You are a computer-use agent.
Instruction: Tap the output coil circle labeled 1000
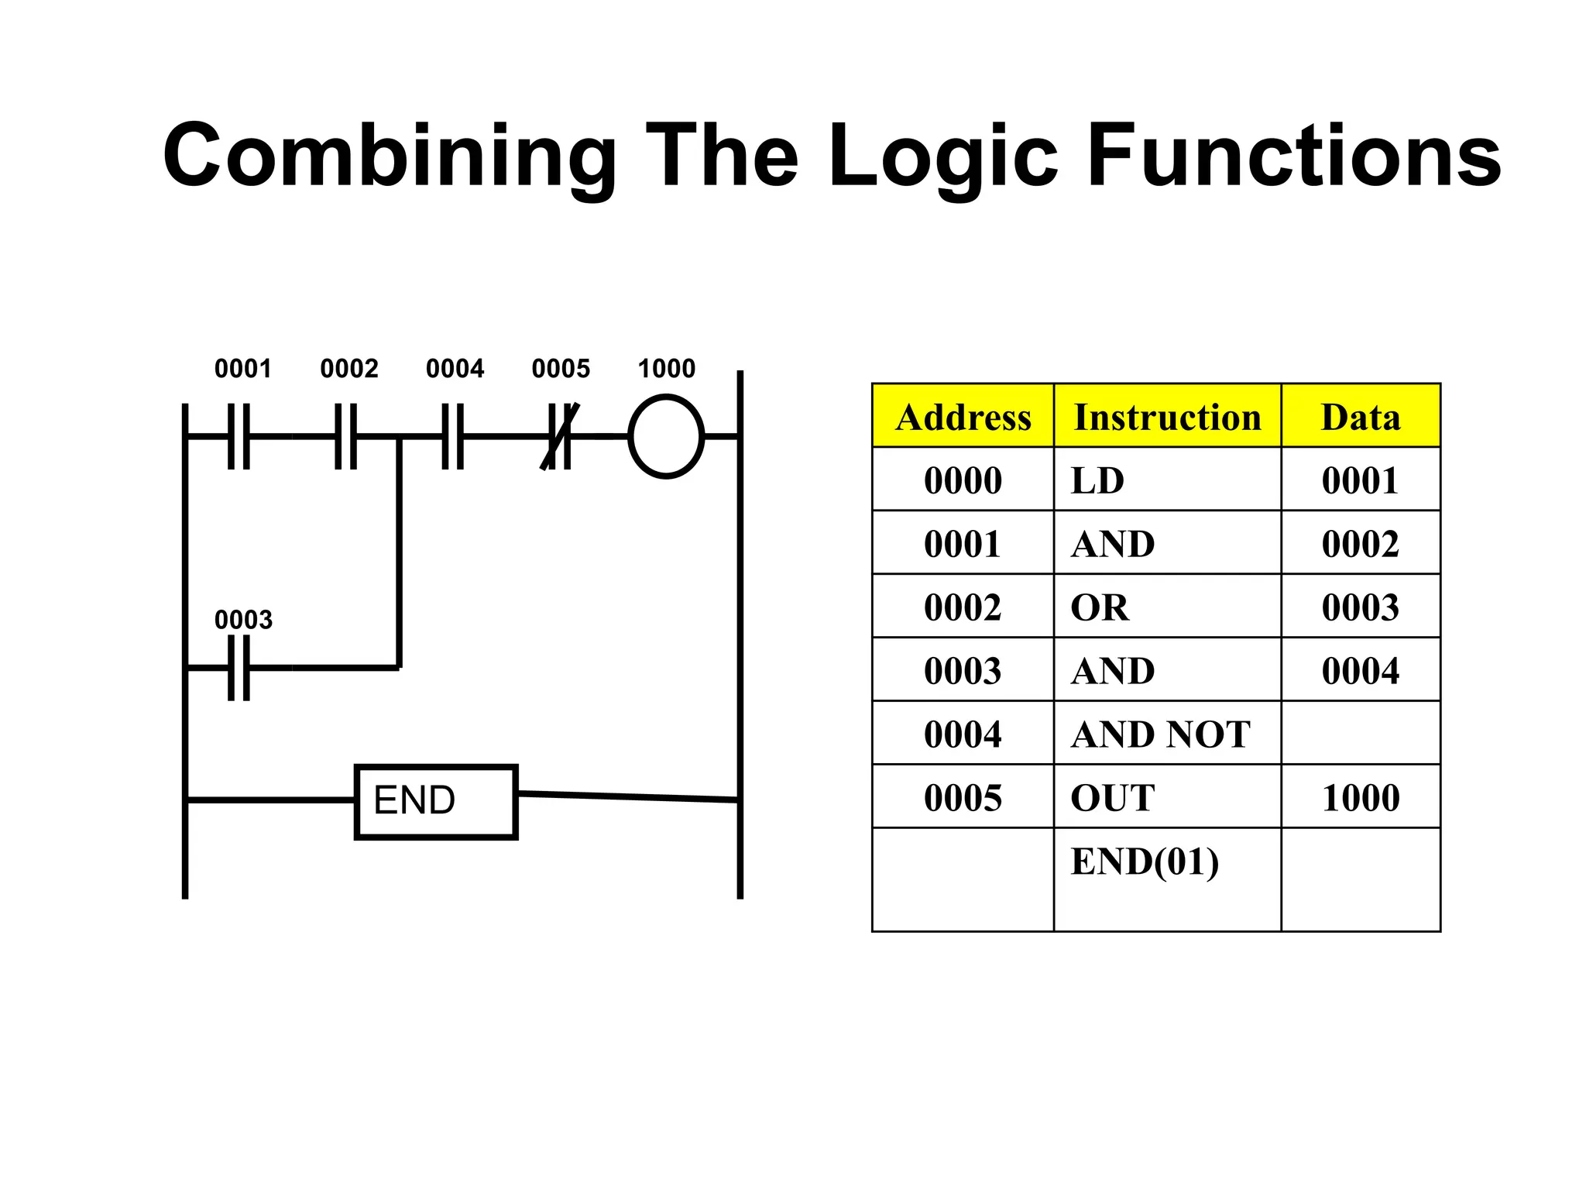(666, 436)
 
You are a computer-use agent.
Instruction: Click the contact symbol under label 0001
(239, 436)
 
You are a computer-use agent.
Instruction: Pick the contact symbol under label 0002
(345, 436)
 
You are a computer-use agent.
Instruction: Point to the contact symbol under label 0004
(453, 436)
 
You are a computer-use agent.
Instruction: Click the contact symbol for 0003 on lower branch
(239, 667)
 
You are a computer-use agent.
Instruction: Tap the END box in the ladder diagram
(436, 801)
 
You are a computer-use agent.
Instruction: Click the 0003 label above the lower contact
(243, 620)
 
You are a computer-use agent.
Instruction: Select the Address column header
(963, 416)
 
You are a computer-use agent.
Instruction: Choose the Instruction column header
(1167, 416)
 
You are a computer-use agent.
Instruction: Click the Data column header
(1361, 416)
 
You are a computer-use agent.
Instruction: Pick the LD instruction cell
(1167, 480)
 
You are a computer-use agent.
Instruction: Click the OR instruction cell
(1167, 607)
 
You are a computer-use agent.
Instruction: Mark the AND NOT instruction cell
(1167, 734)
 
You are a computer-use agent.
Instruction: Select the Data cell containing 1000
(1361, 797)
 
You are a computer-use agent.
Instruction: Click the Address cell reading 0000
(963, 480)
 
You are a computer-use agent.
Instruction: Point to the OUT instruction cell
(1167, 797)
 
